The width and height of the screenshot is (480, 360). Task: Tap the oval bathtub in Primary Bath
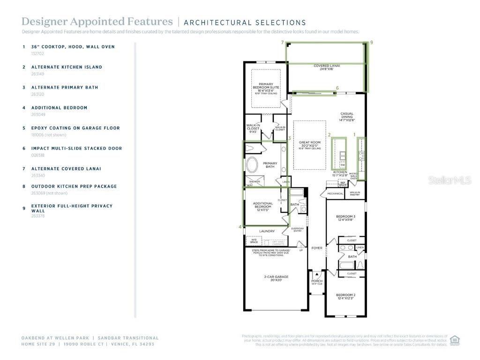pos(252,165)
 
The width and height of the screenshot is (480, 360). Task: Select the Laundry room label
pos(267,231)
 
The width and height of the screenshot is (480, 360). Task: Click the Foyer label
pos(317,248)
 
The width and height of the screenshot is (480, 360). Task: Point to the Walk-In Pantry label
pos(355,193)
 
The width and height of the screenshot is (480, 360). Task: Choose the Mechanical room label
pos(335,193)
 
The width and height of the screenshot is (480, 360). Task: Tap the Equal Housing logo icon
pos(454,340)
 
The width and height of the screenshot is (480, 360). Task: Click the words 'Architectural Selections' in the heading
pos(245,22)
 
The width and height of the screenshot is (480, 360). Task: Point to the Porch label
pos(317,282)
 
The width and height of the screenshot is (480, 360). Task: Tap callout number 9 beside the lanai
pos(371,43)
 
